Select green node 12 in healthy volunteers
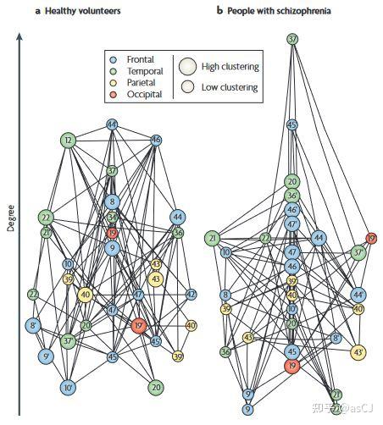coord(69,140)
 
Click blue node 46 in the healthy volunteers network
coord(156,140)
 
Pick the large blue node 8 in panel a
coord(112,201)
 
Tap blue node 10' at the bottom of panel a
coord(69,388)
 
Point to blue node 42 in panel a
coord(191,295)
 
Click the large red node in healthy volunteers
coord(140,325)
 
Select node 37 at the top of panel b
coord(292,39)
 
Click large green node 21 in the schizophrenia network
coord(212,239)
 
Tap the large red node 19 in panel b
coord(292,366)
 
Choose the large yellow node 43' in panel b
coord(358,351)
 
